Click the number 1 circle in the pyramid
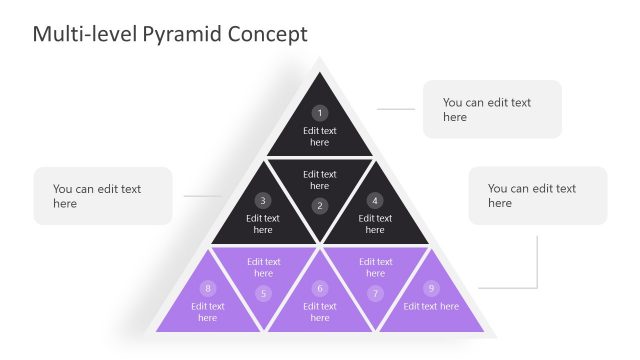click(319, 113)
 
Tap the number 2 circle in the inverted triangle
click(319, 206)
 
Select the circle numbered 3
click(263, 200)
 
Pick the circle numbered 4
click(375, 200)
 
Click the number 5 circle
click(263, 293)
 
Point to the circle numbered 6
click(319, 288)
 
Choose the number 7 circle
click(375, 293)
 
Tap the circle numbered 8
click(207, 288)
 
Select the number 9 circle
click(431, 288)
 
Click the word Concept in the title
click(267, 34)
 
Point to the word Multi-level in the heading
click(83, 34)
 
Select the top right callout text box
click(492, 109)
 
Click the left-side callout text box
click(103, 196)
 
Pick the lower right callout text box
click(537, 196)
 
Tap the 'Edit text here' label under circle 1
click(319, 136)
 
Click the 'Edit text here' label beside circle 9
click(431, 306)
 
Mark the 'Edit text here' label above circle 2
click(319, 180)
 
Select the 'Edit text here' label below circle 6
click(319, 312)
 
